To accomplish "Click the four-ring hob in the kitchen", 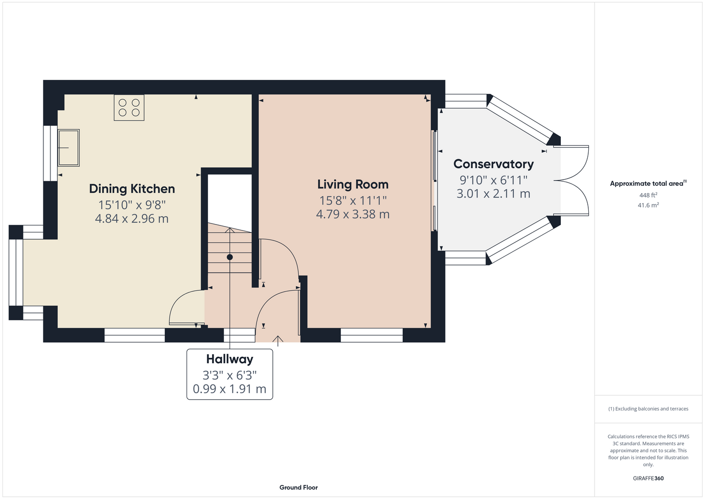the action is (x=129, y=108).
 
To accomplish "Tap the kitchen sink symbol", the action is (x=69, y=148).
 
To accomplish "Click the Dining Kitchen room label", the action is (x=132, y=189).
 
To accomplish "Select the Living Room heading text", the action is (x=353, y=185).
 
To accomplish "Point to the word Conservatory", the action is (x=493, y=164).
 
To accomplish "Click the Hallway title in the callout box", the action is (x=230, y=359).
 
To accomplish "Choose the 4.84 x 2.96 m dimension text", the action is (x=132, y=219).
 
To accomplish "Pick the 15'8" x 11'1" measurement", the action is (x=353, y=201).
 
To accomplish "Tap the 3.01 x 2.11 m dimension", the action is (x=493, y=193).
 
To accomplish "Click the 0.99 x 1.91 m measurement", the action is (x=230, y=389).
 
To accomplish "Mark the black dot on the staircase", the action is (x=230, y=257).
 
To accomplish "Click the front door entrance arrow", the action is (x=277, y=341).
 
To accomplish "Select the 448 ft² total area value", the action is (x=648, y=195).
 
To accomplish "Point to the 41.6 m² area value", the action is (x=648, y=205).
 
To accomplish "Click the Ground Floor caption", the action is (x=299, y=488).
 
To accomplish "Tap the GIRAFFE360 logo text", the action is (x=648, y=478).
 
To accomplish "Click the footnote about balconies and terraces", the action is (x=648, y=409).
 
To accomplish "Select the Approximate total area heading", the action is (x=648, y=184).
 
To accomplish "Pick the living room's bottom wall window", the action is (x=372, y=335).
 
